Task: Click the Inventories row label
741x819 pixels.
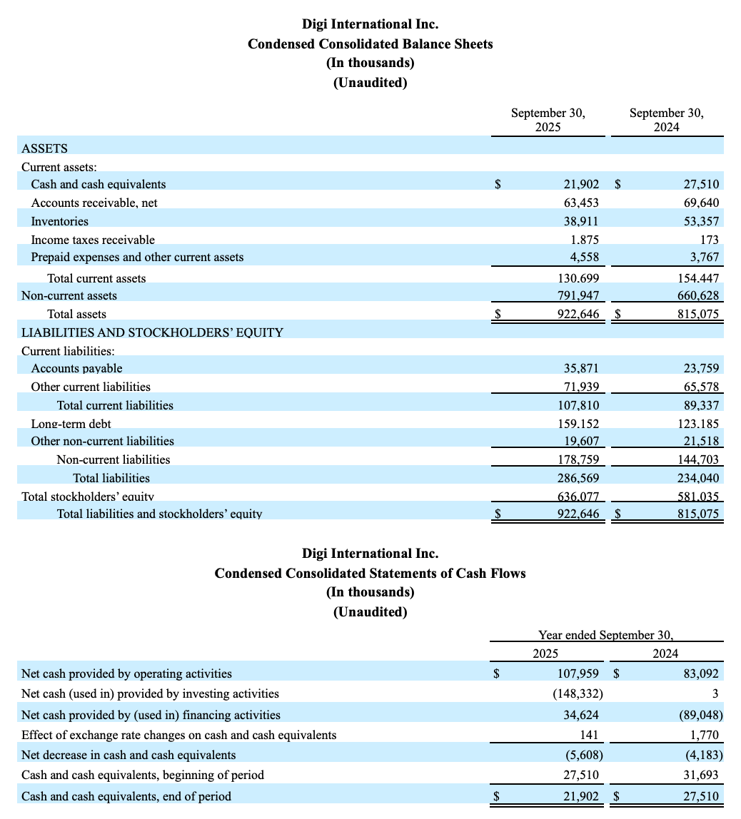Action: coord(59,221)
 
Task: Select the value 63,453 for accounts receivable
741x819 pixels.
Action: coord(581,203)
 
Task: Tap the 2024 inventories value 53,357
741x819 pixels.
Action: coord(701,221)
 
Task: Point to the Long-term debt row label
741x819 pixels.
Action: coord(71,424)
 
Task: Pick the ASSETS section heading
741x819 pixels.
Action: coord(44,148)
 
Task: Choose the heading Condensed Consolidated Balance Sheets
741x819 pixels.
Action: coord(370,44)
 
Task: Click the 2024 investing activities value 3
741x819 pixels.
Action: coord(715,693)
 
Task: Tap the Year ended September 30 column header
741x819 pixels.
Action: coord(606,635)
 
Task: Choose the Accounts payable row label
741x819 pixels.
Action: coord(76,368)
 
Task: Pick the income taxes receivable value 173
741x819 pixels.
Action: coord(710,240)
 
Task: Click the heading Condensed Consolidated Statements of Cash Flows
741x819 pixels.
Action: coord(370,574)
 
